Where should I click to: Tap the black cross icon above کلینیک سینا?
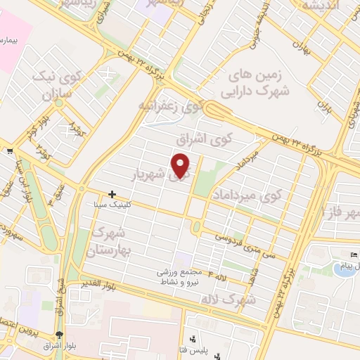point(112,193)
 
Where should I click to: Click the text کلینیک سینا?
point(111,205)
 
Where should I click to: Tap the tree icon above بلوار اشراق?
point(59,335)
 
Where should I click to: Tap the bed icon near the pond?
point(354,254)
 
